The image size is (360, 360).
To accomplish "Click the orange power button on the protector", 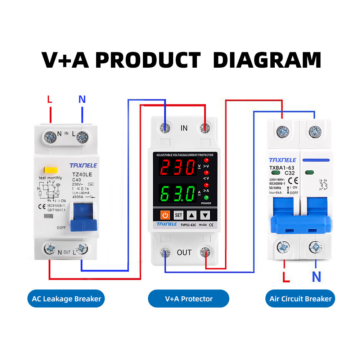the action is click(x=165, y=215).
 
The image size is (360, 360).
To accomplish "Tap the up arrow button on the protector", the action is click(x=192, y=215).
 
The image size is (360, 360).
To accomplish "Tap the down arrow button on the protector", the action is click(x=205, y=215).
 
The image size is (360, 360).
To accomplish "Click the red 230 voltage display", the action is click(x=176, y=167).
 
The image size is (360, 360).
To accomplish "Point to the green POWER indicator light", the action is click(x=206, y=198).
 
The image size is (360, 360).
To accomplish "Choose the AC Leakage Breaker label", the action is click(x=67, y=299).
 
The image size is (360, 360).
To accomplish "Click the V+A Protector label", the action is click(x=189, y=299).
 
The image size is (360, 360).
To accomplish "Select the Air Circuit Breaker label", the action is click(x=300, y=299).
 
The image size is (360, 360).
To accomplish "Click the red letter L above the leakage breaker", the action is click(x=50, y=99).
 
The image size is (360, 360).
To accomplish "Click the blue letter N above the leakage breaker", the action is click(x=82, y=99).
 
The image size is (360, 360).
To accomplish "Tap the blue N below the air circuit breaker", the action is click(x=316, y=277).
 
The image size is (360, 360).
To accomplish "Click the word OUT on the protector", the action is click(x=184, y=252).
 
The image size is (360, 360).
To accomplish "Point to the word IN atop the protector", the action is click(x=184, y=128).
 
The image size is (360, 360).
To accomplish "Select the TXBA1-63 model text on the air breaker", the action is click(x=282, y=167).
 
